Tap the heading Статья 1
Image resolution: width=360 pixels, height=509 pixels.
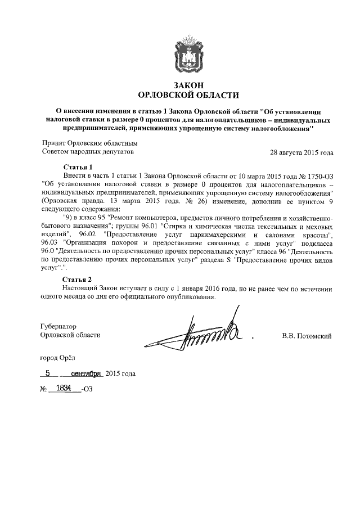pos(78,167)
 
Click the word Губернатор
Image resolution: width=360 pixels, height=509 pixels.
pos(59,326)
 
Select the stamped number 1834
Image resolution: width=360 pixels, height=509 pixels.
pos(63,388)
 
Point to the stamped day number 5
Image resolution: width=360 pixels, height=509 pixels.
pos(48,373)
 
